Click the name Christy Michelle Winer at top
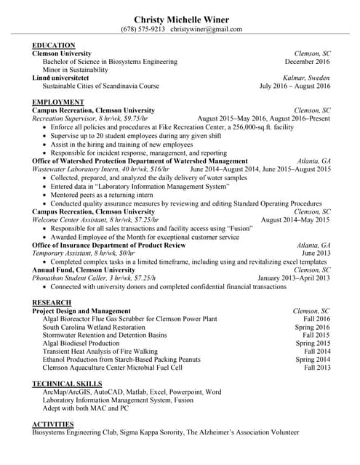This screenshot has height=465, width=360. click(180, 18)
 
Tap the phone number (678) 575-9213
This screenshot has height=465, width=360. click(143, 29)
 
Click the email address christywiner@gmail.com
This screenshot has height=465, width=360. click(206, 29)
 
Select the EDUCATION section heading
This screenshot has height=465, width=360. click(54, 46)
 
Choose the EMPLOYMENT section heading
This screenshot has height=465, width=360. click(58, 102)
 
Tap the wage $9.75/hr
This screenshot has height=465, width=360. click(134, 118)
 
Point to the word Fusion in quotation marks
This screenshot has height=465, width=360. click(229, 228)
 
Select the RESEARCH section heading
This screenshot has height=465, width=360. click(52, 302)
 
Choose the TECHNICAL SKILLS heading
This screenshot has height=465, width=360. click(67, 383)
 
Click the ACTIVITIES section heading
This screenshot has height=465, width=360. click(53, 424)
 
